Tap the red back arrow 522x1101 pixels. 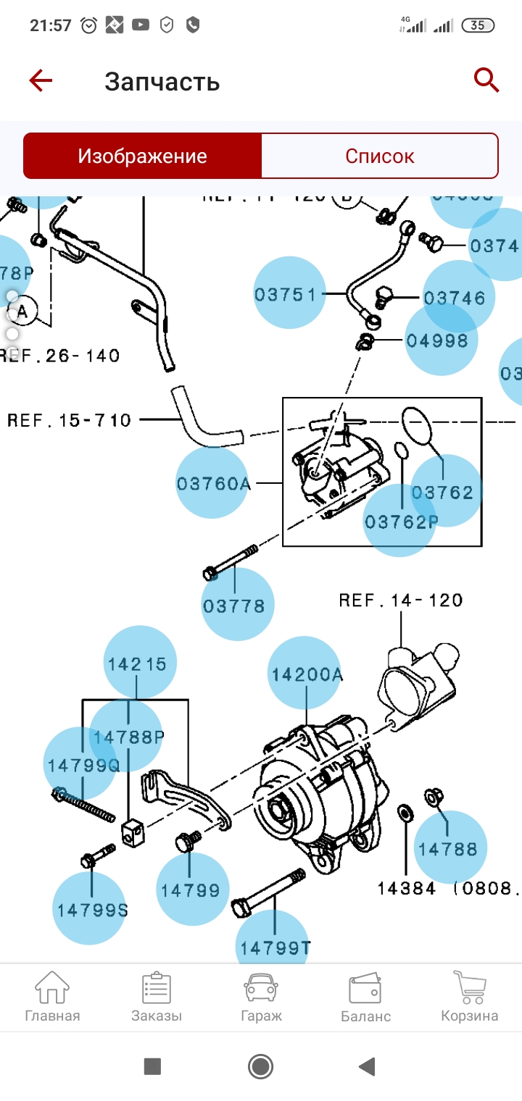41,80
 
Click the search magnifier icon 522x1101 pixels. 486,80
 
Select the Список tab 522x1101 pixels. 379,156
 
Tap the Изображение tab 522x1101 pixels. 143,156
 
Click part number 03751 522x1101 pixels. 286,294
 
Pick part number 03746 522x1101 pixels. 455,298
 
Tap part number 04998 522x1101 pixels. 437,340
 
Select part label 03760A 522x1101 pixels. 213,483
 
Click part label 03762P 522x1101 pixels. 401,521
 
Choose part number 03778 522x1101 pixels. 234,605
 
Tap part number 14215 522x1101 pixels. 138,663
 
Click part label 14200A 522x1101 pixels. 307,674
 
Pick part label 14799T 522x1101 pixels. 275,946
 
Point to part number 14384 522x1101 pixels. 406,887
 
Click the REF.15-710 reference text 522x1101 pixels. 70,420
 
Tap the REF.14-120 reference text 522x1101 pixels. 401,600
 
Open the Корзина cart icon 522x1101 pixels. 469,997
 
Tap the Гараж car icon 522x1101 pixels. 261,997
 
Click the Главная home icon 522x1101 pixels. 52,997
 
